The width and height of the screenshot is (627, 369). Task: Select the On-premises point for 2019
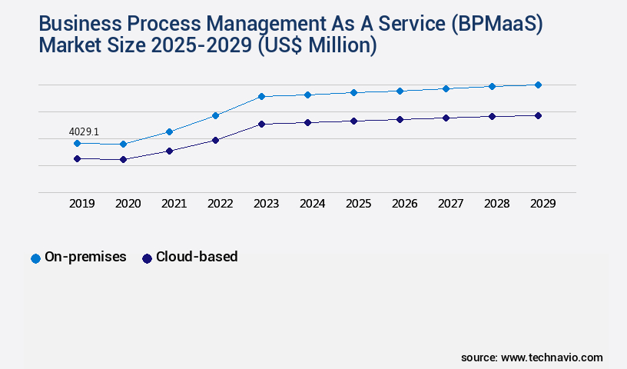(77, 143)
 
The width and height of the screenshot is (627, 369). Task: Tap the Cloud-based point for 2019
(77, 158)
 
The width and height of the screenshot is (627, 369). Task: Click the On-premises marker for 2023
(261, 96)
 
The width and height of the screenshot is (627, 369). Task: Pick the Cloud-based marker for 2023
(261, 124)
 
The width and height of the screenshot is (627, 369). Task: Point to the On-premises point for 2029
(538, 85)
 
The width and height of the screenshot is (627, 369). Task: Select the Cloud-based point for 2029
(538, 115)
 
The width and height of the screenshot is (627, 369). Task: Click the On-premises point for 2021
(169, 131)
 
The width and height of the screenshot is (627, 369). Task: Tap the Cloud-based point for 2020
(123, 159)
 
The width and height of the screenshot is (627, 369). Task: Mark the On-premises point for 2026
(400, 91)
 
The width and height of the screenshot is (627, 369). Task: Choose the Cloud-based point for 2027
(446, 118)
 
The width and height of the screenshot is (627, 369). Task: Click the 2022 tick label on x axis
(220, 204)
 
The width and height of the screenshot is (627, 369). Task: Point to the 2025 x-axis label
(358, 204)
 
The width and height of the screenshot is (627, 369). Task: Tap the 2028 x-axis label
(496, 204)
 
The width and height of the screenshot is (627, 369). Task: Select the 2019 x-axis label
(81, 204)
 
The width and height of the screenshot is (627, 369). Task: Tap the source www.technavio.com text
(532, 357)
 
